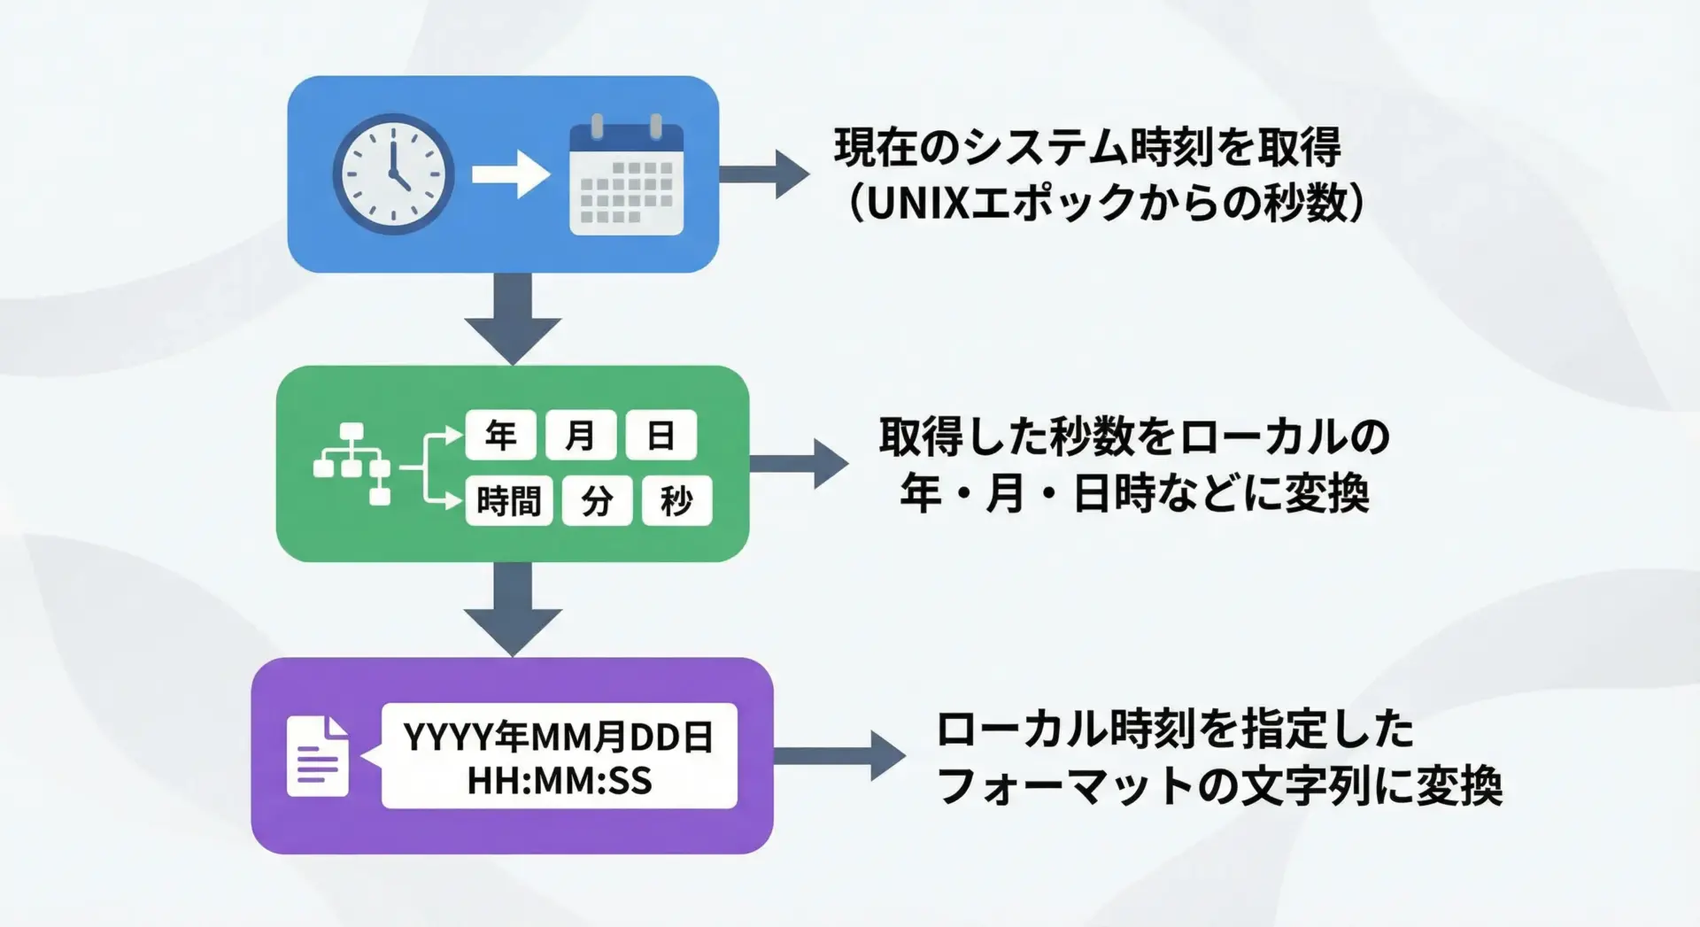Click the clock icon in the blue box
(393, 174)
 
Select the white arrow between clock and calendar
(510, 174)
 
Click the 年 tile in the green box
(500, 435)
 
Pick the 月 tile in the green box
(580, 435)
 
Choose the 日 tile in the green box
(661, 435)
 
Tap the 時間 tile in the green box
(508, 501)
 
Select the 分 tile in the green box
(597, 501)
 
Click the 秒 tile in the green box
(676, 501)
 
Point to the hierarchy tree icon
(352, 463)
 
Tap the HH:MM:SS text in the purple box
(559, 781)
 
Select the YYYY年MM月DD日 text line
(559, 737)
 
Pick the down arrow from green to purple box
(513, 608)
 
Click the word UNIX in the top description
(916, 204)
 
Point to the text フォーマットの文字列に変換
(1219, 784)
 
